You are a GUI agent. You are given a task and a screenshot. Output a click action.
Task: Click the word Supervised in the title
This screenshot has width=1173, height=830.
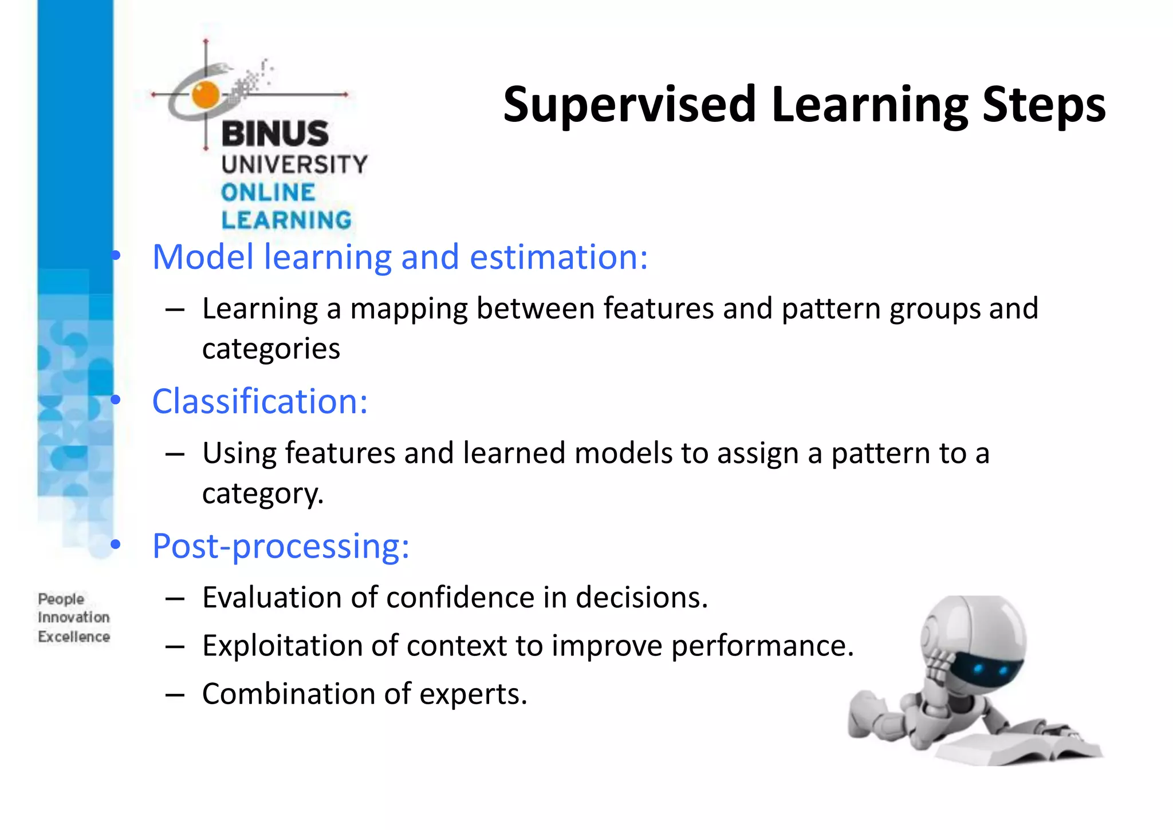[629, 105]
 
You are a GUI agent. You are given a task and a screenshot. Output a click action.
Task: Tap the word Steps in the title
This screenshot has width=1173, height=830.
[1044, 105]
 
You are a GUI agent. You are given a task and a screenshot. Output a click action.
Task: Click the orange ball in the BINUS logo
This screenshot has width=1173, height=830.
[206, 95]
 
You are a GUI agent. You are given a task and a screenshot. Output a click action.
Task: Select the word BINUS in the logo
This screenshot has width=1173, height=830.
[275, 134]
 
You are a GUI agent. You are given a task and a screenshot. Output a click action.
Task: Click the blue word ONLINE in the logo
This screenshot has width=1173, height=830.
[268, 193]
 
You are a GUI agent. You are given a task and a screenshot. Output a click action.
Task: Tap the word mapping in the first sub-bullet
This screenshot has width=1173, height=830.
[408, 309]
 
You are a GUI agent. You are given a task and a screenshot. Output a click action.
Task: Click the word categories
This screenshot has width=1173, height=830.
[271, 349]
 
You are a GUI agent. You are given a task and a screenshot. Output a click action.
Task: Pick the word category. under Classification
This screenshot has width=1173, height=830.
[263, 493]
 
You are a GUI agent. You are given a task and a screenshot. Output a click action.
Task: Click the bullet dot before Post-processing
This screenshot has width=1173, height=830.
[116, 545]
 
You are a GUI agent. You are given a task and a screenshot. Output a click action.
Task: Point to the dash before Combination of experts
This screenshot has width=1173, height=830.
[175, 695]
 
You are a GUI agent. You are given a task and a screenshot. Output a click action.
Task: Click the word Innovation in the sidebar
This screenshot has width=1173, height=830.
[73, 618]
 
